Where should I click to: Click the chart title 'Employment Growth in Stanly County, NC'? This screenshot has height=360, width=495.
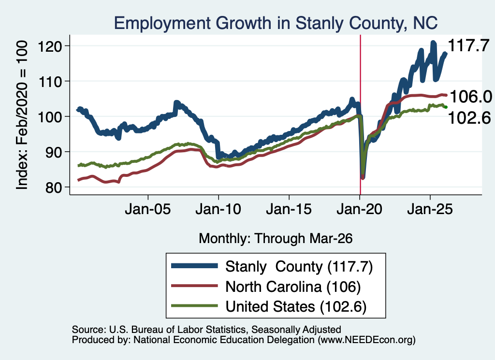click(x=276, y=23)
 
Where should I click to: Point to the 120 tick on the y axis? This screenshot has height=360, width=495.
click(x=50, y=46)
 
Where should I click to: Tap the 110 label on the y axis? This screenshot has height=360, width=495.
click(x=50, y=82)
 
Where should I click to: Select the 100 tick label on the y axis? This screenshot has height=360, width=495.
click(x=50, y=117)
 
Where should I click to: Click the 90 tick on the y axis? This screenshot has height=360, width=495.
click(x=54, y=152)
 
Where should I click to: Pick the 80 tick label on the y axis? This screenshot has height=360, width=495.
click(x=54, y=187)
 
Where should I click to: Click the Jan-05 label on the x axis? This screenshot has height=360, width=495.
click(x=148, y=209)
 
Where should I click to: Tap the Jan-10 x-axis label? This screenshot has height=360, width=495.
click(x=218, y=209)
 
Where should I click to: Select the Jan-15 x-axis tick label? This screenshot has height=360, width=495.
click(x=289, y=209)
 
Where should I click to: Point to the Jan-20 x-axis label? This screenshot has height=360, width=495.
click(x=360, y=209)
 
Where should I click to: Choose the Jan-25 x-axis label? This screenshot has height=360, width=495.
click(x=430, y=209)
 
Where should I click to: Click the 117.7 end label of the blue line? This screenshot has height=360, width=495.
click(x=468, y=45)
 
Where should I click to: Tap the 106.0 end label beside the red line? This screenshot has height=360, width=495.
click(x=471, y=97)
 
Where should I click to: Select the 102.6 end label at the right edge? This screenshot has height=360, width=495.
click(x=469, y=118)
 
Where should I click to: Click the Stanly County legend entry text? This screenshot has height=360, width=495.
click(x=299, y=267)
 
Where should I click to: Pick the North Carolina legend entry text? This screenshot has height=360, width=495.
click(x=293, y=287)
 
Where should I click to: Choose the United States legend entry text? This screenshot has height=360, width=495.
click(x=296, y=307)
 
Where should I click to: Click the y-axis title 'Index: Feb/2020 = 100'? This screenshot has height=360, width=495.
click(x=22, y=115)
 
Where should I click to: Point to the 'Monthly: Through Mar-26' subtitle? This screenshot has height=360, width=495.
click(x=276, y=239)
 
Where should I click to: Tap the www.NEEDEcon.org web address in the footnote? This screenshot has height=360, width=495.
click(x=366, y=340)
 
